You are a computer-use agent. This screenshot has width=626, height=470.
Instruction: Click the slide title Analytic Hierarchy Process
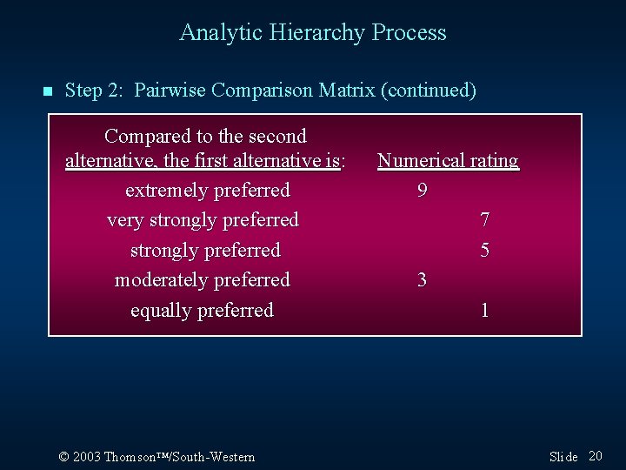(313, 33)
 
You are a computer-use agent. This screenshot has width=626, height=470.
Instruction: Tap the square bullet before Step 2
(48, 91)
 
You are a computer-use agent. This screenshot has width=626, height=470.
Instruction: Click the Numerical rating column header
(448, 161)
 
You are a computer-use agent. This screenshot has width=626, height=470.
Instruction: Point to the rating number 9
(422, 190)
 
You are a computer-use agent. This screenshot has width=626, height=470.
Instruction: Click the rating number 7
(485, 220)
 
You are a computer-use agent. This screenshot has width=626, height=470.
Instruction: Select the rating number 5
(485, 251)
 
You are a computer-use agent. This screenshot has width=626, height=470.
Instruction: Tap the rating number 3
(422, 280)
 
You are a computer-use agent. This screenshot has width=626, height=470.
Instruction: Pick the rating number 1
(485, 311)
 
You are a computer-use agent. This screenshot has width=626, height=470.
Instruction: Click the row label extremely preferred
(207, 190)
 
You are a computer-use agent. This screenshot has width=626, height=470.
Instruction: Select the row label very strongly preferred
(203, 220)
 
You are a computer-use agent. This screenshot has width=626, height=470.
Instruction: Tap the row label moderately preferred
(203, 280)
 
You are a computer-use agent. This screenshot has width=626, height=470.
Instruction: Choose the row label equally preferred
(202, 311)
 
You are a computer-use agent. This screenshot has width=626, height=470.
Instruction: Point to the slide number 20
(596, 456)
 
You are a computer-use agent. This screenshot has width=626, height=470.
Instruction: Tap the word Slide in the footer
(563, 457)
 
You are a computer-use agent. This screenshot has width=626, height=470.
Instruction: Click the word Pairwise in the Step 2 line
(170, 90)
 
